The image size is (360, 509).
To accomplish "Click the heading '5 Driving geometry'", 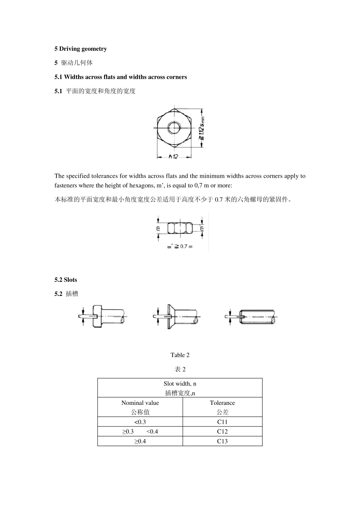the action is (81, 49).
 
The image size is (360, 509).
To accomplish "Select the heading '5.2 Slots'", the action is (66, 280).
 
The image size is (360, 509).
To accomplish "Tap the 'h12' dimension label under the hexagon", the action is (173, 156).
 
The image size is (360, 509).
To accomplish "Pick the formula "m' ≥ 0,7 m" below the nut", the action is (180, 247).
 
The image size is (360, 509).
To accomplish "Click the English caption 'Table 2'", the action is (180, 355).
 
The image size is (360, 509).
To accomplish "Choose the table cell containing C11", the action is (222, 422).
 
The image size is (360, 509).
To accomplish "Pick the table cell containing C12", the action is (222, 431).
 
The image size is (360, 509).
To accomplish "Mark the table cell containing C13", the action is (222, 441).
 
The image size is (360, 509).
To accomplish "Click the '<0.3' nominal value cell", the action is (140, 422).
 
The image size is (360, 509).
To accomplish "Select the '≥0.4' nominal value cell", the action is (140, 441).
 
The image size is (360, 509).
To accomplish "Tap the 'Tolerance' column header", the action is (222, 403).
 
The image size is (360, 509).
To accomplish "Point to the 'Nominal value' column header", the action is (140, 403).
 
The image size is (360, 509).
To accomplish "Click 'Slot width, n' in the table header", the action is (180, 384).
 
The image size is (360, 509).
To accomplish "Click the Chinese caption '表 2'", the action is (180, 369).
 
